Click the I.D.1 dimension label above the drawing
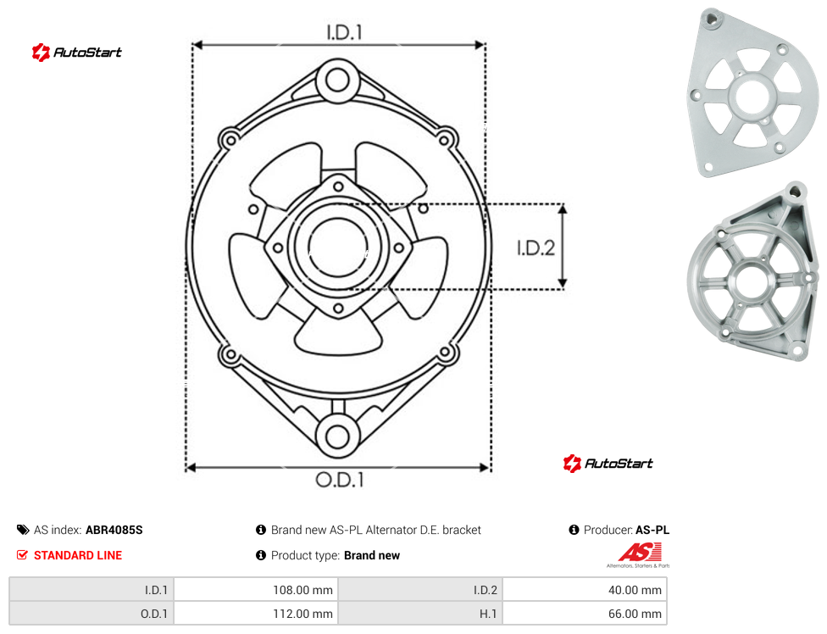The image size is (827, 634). (x=344, y=33)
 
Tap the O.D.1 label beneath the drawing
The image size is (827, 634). (x=340, y=480)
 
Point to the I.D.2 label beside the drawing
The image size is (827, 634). (x=536, y=247)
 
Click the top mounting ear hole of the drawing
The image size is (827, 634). (x=337, y=81)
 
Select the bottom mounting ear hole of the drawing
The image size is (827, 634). (x=337, y=437)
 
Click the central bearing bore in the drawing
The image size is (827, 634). (x=337, y=247)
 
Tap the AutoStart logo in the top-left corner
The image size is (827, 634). (x=77, y=53)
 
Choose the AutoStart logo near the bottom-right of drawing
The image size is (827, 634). (x=608, y=463)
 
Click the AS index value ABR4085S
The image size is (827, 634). (x=114, y=530)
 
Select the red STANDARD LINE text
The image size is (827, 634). (x=78, y=555)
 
